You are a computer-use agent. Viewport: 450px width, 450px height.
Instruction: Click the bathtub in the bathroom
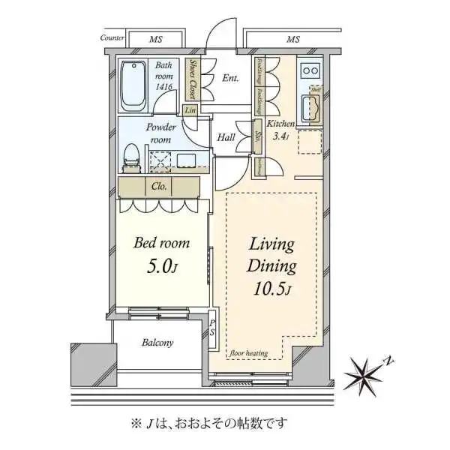[x=136, y=85]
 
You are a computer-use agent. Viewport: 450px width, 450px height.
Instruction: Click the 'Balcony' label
[x=157, y=343]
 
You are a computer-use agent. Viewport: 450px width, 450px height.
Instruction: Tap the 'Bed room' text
[x=161, y=243]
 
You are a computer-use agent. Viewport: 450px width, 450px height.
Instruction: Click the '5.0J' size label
[x=163, y=266]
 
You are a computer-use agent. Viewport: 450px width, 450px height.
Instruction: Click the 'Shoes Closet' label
[x=193, y=79]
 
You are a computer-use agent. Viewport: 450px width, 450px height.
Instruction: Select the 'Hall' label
[x=226, y=137]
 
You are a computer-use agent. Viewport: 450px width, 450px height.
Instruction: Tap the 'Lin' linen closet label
[x=190, y=111]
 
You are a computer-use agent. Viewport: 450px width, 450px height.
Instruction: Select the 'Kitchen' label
[x=281, y=124]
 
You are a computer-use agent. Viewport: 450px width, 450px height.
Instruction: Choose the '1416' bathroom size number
[x=165, y=88]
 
